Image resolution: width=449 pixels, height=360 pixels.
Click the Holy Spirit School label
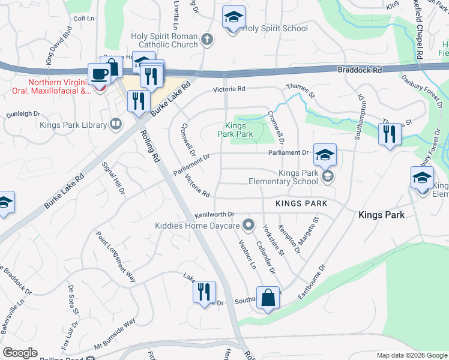[276, 28]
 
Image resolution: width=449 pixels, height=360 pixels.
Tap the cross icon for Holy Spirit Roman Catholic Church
[207, 40]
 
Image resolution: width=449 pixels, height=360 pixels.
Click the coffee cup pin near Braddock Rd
[99, 74]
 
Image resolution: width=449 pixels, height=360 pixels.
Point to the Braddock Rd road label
[359, 70]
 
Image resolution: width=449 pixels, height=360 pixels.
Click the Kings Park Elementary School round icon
[327, 176]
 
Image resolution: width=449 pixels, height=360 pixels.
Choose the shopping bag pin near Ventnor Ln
[268, 298]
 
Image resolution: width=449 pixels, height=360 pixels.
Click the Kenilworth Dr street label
[214, 214]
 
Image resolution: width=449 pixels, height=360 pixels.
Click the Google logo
[20, 353]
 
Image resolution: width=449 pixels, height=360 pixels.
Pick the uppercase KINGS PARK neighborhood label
[301, 204]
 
